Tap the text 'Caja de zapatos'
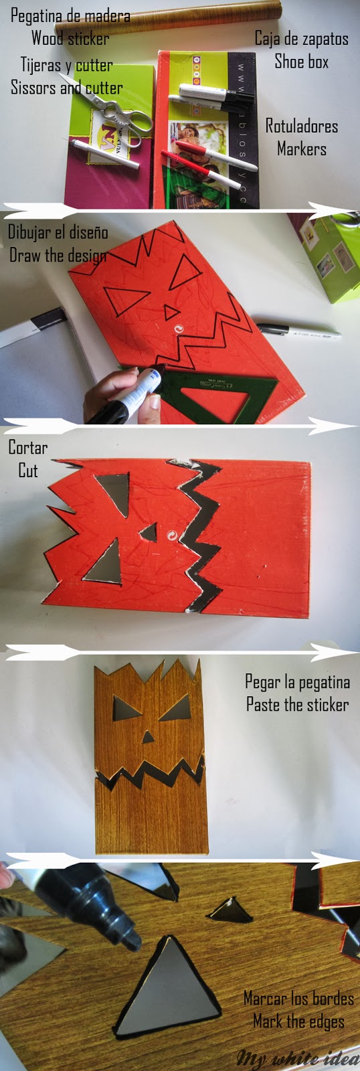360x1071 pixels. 301,38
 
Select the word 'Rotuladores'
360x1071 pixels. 301,126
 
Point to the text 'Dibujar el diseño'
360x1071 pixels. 58,232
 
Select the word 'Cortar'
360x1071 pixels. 27,447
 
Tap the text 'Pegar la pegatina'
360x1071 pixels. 297,682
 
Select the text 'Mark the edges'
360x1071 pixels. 298,1021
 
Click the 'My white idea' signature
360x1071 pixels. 297,1058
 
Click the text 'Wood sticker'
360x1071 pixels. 70,38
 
